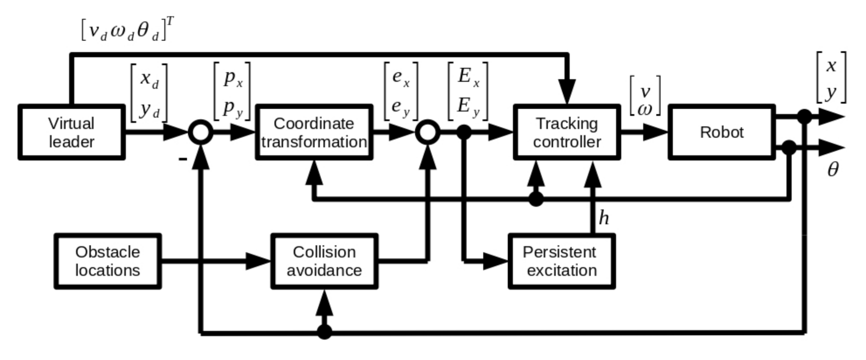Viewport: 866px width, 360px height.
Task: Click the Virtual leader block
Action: click(71, 132)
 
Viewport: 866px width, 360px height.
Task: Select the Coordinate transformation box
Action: click(314, 132)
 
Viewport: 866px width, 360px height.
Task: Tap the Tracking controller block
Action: click(567, 132)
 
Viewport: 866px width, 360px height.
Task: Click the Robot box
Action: click(722, 132)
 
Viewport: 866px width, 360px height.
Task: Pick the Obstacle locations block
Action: click(108, 261)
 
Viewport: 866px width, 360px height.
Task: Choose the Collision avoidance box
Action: click(324, 261)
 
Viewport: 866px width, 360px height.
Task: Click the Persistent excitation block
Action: click(562, 261)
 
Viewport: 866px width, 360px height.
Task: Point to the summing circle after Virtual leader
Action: click(200, 132)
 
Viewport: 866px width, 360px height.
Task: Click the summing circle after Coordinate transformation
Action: click(427, 132)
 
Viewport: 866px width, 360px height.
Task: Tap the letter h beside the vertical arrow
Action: click(604, 218)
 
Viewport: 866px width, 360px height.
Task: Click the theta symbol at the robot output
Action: click(833, 170)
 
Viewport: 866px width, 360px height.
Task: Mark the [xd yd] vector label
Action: click(149, 93)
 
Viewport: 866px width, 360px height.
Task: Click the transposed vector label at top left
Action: click(127, 30)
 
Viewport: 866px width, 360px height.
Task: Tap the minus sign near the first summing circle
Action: click(182, 158)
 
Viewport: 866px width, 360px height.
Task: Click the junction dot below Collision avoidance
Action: click(324, 332)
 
